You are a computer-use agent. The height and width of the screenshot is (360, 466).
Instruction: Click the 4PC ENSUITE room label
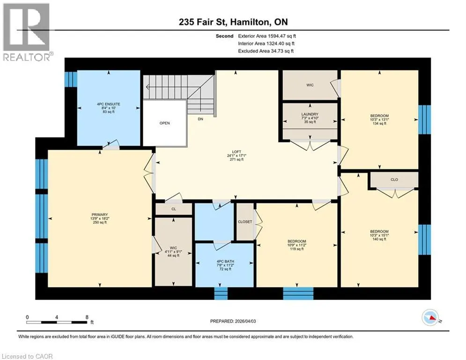[109, 104]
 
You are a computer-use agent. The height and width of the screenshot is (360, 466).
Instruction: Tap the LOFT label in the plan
[237, 152]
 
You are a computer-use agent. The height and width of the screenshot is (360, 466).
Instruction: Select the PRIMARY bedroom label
[100, 215]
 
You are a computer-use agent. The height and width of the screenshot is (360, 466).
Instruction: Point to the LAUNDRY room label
[310, 114]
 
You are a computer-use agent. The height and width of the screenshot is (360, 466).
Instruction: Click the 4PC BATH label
[225, 262]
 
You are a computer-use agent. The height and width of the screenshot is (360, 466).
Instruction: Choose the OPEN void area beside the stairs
[165, 123]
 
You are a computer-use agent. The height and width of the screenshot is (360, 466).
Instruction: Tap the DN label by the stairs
[200, 119]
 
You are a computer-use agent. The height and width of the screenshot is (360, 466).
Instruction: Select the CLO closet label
[394, 180]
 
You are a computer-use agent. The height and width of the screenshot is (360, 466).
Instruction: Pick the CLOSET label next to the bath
[245, 222]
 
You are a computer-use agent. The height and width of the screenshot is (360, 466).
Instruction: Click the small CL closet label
[174, 209]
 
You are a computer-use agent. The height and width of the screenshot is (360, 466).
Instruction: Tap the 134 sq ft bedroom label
[379, 123]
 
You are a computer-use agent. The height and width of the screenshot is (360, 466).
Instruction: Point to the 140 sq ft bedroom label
[379, 239]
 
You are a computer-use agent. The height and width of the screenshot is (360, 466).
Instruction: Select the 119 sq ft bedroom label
[296, 249]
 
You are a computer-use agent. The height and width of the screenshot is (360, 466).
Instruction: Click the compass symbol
[430, 317]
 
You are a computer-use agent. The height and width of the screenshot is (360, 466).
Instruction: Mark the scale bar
[57, 322]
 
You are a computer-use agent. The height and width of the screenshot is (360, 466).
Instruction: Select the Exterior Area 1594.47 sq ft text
[267, 36]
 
